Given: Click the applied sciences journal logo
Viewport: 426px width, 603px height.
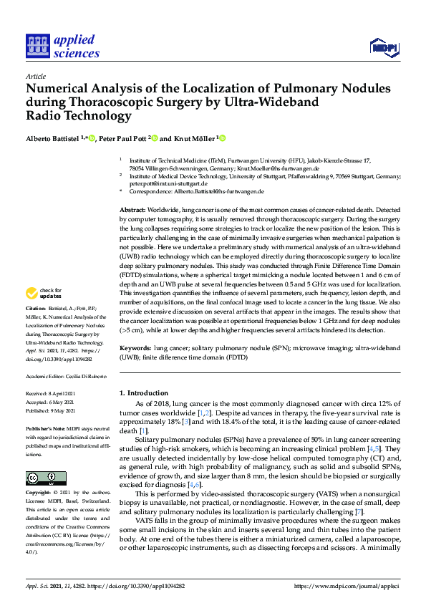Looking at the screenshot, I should (x=62, y=46).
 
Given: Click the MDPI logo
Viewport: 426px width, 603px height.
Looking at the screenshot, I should (x=384, y=47).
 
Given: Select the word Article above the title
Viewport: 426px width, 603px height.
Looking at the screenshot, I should (x=36, y=76).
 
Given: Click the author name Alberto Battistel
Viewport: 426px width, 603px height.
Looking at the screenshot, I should (x=55, y=138).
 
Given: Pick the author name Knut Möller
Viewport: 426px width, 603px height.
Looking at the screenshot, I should (x=193, y=138).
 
